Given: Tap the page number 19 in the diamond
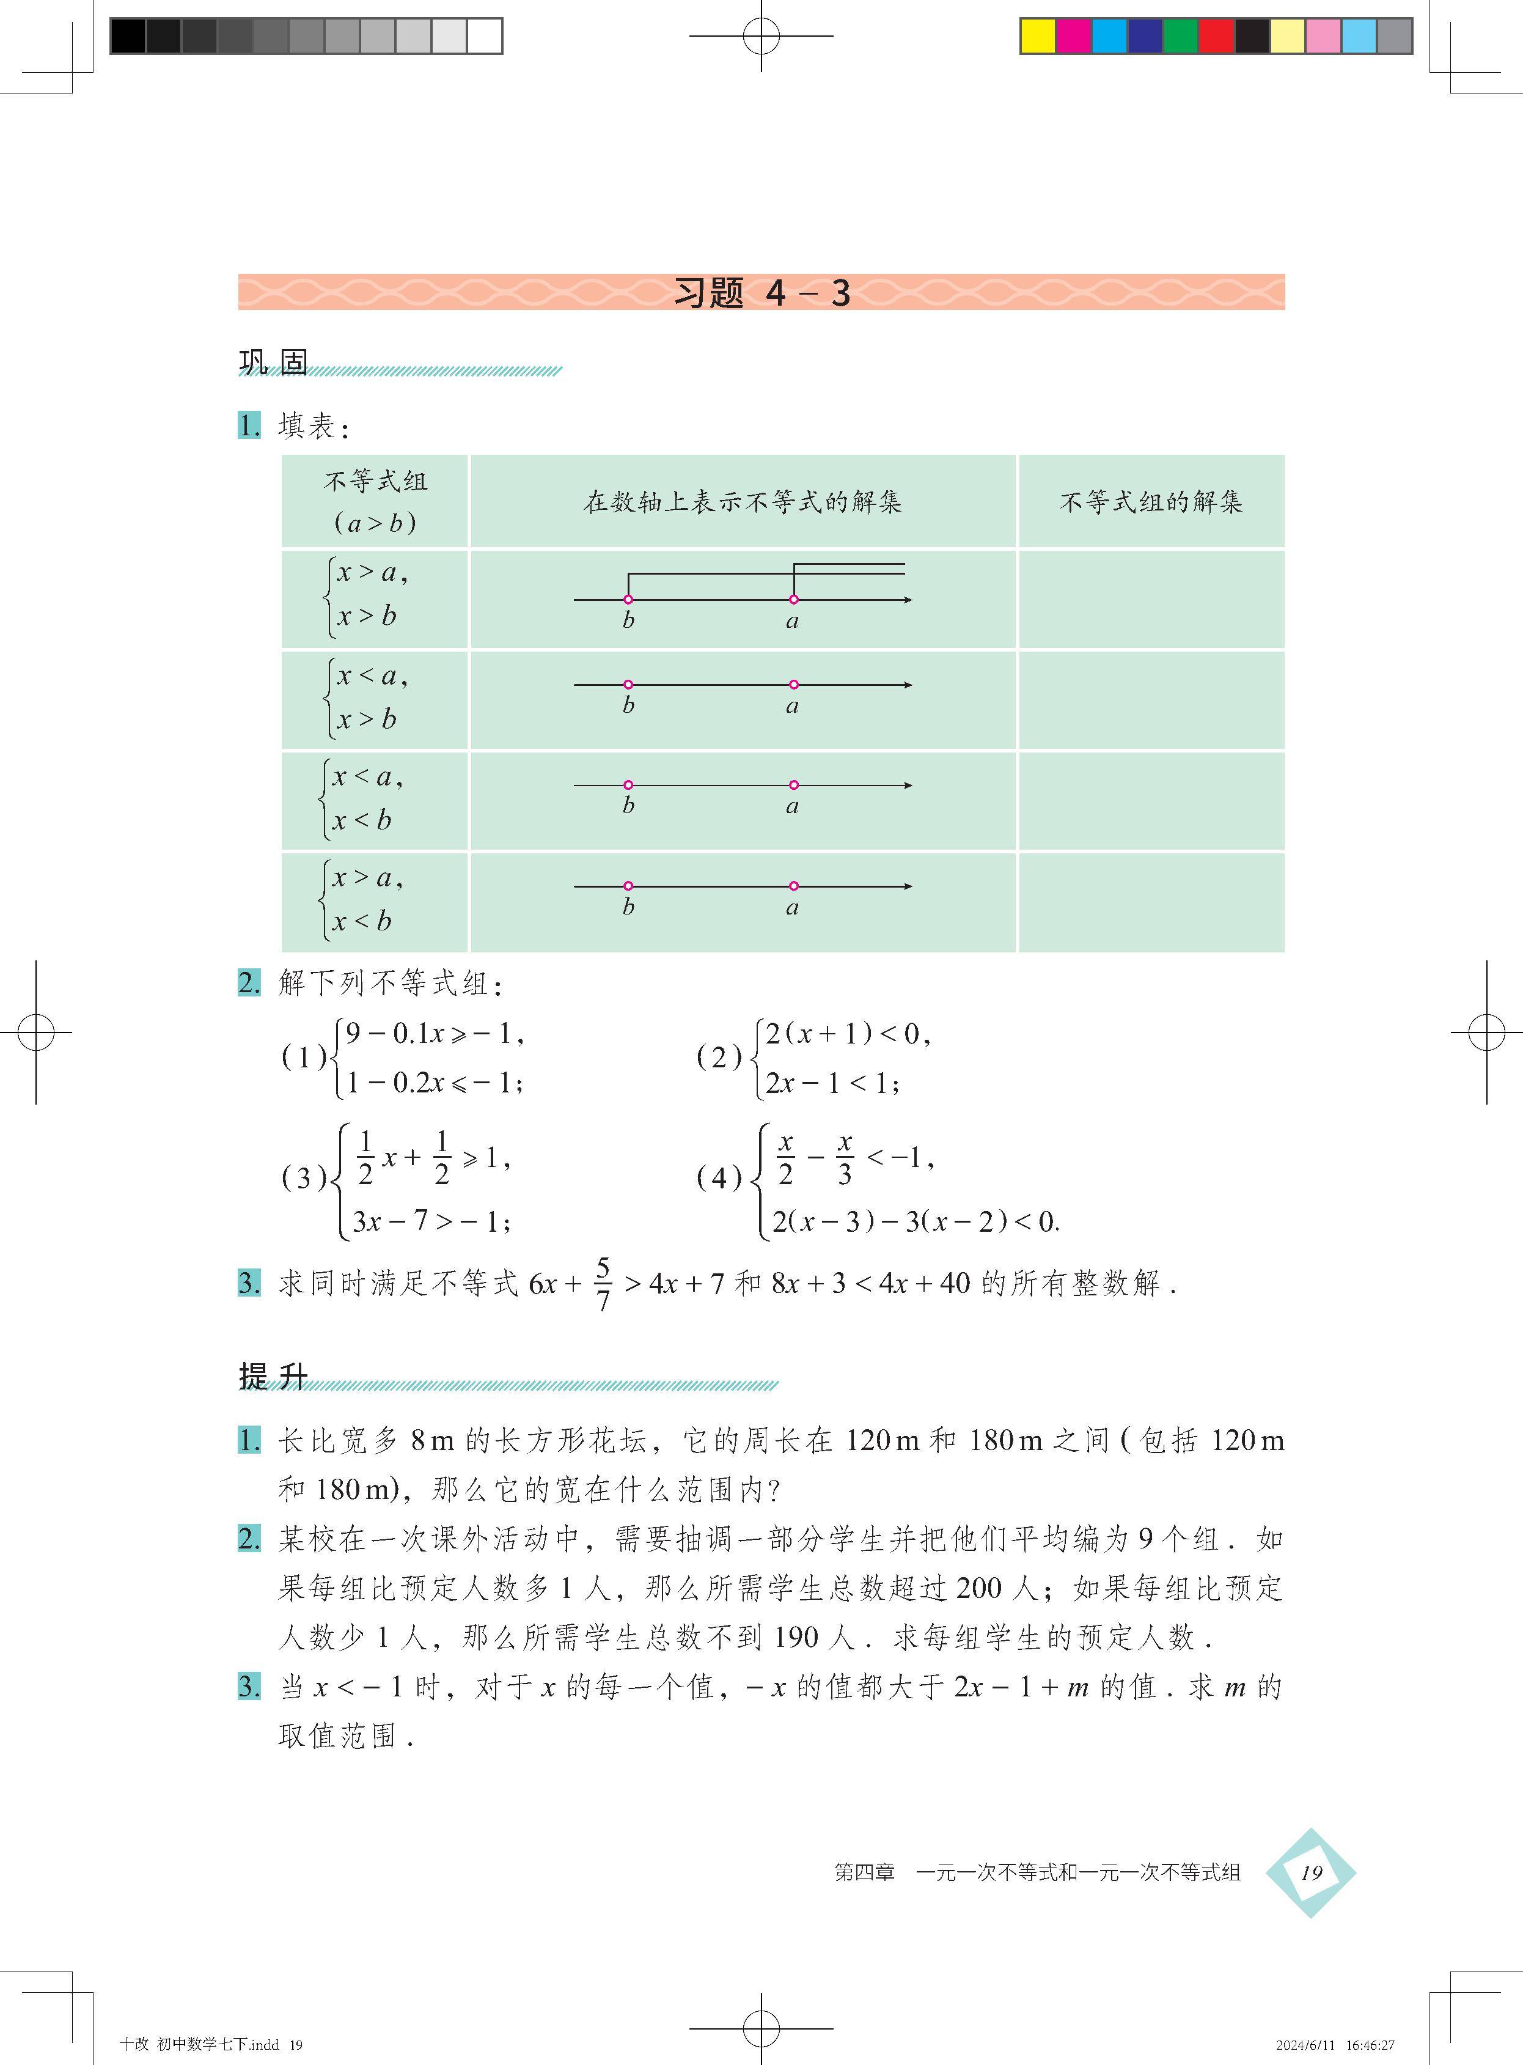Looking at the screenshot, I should pyautogui.click(x=1310, y=1872).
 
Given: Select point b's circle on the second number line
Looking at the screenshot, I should pyautogui.click(x=628, y=685).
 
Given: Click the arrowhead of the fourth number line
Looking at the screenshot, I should pyautogui.click(x=908, y=886).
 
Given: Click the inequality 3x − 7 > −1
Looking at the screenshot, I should pyautogui.click(x=430, y=1221).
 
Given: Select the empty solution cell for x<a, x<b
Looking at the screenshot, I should pyautogui.click(x=1151, y=800).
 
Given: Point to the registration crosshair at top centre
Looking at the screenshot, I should pyautogui.click(x=761, y=36).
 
